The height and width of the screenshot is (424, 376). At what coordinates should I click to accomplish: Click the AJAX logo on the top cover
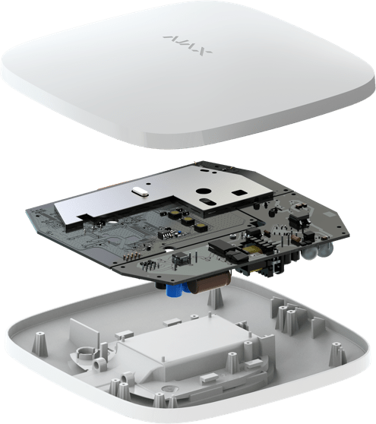pos(188,45)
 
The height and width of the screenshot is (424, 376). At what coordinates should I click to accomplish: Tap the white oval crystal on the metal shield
pos(140,191)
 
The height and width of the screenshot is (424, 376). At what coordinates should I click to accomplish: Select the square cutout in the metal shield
pos(239,193)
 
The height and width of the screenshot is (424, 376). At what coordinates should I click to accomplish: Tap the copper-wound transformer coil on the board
pos(252,251)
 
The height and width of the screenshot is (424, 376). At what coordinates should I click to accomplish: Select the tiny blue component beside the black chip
pos(179,233)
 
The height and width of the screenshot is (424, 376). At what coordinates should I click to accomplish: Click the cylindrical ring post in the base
pos(85,352)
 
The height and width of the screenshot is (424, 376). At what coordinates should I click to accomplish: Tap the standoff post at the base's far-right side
pos(337,353)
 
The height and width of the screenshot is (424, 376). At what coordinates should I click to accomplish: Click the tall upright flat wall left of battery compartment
pos(84,332)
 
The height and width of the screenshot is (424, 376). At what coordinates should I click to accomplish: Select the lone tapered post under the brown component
pos(212,300)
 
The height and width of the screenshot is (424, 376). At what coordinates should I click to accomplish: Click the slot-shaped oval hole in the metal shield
pos(207,201)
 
